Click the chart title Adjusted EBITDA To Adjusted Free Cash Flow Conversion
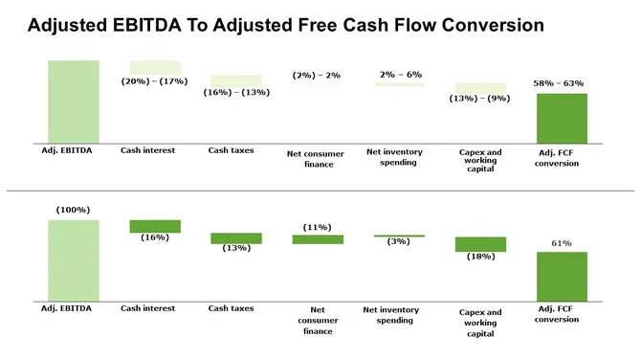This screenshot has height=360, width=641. pyautogui.click(x=286, y=26)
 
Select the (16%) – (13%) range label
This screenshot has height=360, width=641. pyautogui.click(x=235, y=92)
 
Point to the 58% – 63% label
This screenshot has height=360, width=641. pyautogui.click(x=561, y=84)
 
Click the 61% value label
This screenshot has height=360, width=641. pyautogui.click(x=561, y=243)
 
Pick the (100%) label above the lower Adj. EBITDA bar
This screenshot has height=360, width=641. pyautogui.click(x=73, y=210)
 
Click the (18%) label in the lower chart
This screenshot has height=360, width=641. pyautogui.click(x=480, y=257)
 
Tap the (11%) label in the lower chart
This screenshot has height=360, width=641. pyautogui.click(x=317, y=227)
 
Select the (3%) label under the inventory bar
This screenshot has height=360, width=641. pyautogui.click(x=398, y=241)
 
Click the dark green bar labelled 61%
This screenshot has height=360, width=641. pyautogui.click(x=562, y=276)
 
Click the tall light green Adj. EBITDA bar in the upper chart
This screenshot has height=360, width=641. pyautogui.click(x=73, y=101)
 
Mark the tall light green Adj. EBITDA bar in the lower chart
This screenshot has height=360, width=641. pyautogui.click(x=73, y=260)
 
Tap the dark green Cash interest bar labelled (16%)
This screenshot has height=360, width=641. pyautogui.click(x=155, y=226)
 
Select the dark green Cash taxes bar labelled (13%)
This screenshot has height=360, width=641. pyautogui.click(x=235, y=238)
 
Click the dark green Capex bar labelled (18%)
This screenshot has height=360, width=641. pyautogui.click(x=480, y=244)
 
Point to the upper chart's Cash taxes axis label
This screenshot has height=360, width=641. pyautogui.click(x=231, y=150)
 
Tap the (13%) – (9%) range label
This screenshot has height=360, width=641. pyautogui.click(x=480, y=99)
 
